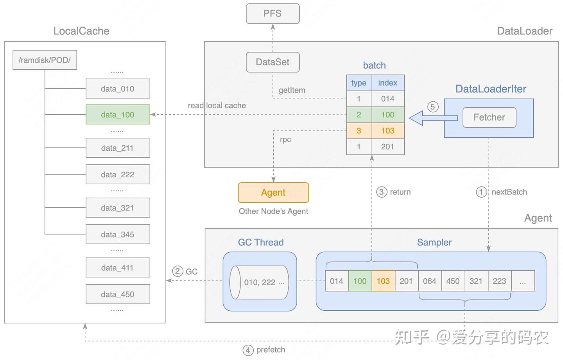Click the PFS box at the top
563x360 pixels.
(x=273, y=14)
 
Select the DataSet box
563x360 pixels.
(x=273, y=62)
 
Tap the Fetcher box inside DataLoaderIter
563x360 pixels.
(x=489, y=117)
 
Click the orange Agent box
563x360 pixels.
(x=273, y=193)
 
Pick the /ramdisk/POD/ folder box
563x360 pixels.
(x=45, y=60)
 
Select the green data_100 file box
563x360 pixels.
(x=118, y=115)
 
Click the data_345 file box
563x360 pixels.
(x=118, y=234)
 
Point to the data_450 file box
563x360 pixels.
(x=118, y=294)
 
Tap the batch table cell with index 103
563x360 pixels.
(x=387, y=131)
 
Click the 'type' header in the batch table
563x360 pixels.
(x=359, y=83)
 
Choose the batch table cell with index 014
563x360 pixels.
(x=387, y=99)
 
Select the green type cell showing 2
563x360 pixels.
(x=359, y=115)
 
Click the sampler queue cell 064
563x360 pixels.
(x=429, y=281)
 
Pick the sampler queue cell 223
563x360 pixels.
(x=499, y=281)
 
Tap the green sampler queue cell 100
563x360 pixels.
(x=360, y=281)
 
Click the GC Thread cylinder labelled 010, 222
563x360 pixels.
(x=259, y=283)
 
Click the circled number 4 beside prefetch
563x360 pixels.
(x=248, y=350)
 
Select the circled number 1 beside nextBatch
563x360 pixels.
(x=481, y=192)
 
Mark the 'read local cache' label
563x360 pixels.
(x=217, y=106)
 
